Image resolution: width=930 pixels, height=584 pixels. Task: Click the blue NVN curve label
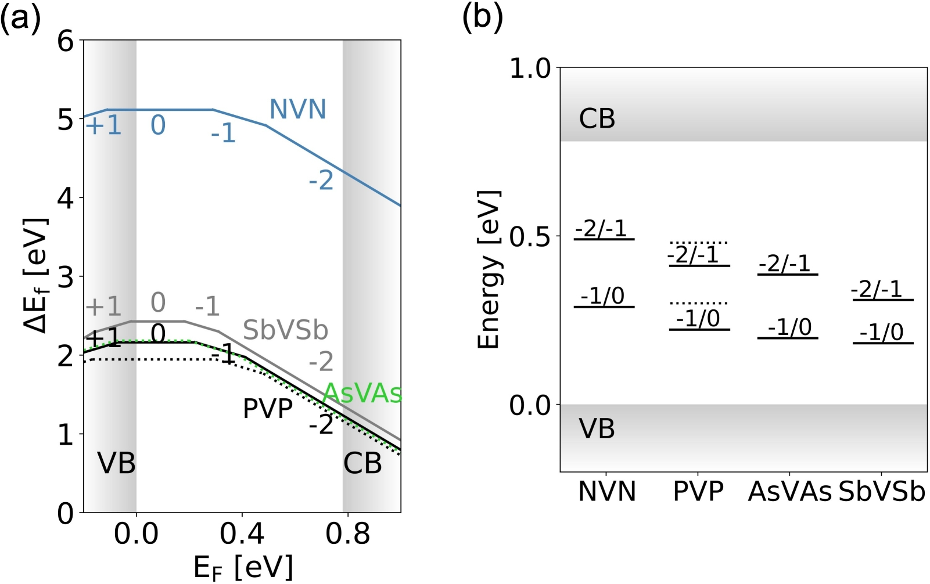pyautogui.click(x=298, y=109)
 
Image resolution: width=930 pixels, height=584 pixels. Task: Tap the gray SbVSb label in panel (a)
pyautogui.click(x=285, y=330)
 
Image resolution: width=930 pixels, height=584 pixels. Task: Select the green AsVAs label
pyautogui.click(x=362, y=394)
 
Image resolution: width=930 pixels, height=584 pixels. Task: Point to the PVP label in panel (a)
pyautogui.click(x=268, y=409)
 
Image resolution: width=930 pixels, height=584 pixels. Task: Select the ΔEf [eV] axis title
pyautogui.click(x=36, y=276)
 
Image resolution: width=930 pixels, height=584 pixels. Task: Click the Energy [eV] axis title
pyautogui.click(x=489, y=270)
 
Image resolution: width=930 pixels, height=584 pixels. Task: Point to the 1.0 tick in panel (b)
pyautogui.click(x=530, y=69)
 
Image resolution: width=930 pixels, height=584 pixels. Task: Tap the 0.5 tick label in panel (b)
pyautogui.click(x=530, y=236)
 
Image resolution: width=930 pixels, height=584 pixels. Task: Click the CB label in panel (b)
pyautogui.click(x=597, y=119)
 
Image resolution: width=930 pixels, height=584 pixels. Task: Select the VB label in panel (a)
pyautogui.click(x=116, y=463)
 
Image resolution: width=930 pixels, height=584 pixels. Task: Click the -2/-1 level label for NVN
pyautogui.click(x=601, y=228)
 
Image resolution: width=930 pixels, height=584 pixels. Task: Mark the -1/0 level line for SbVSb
pyautogui.click(x=883, y=343)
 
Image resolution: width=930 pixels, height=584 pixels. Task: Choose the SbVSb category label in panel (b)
pyautogui.click(x=882, y=492)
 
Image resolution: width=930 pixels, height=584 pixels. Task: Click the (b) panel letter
pyautogui.click(x=482, y=17)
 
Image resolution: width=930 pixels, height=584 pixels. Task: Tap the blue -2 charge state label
pyautogui.click(x=321, y=181)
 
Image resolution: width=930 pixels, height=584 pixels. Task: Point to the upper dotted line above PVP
pyautogui.click(x=699, y=243)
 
